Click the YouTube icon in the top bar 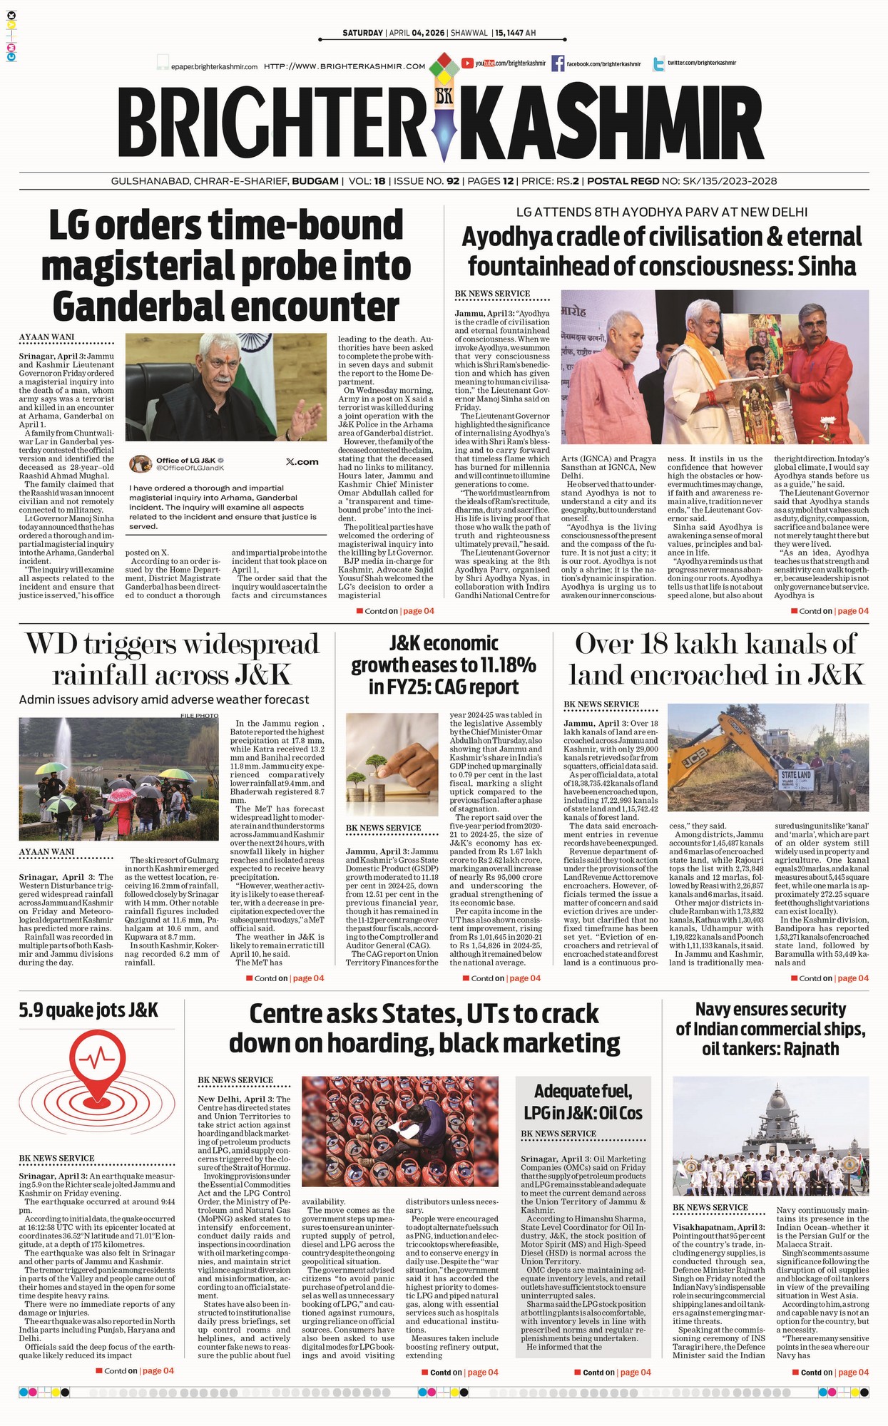pos(468,63)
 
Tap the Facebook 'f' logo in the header pos(558,63)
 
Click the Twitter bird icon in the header pos(657,64)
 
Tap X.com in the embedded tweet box pos(302,462)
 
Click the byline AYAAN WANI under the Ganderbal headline pos(47,337)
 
